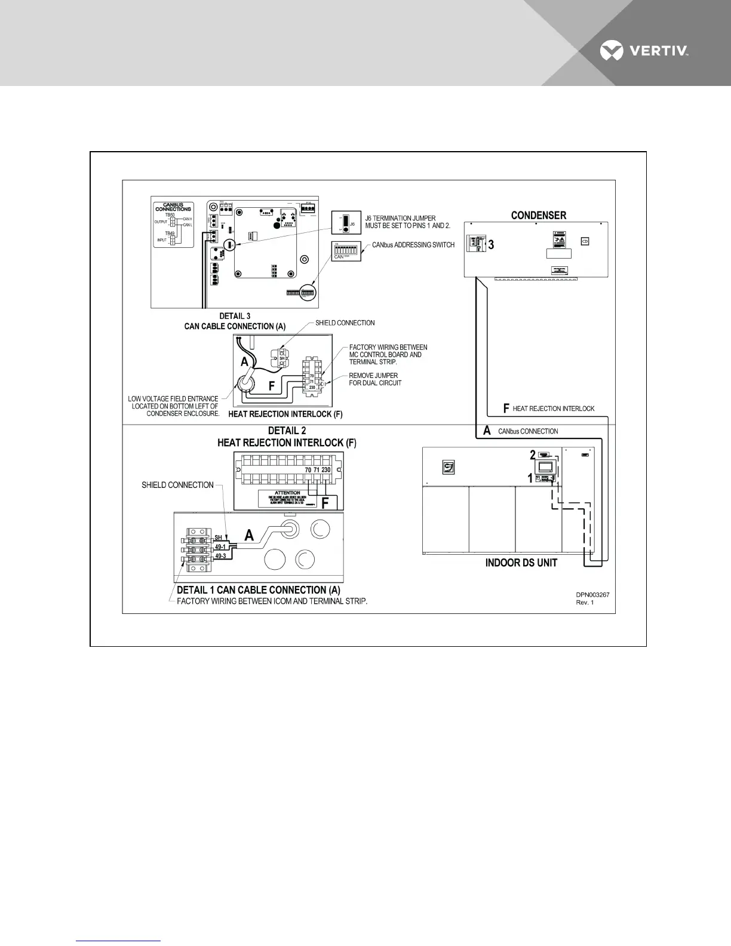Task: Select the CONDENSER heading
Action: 539,216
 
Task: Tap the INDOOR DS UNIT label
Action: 521,563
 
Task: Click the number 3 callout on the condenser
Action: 491,245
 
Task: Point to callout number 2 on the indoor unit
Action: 533,455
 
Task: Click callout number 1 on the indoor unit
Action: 530,478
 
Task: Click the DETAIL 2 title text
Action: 287,431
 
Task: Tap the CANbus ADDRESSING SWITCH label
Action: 413,245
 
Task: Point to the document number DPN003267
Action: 592,595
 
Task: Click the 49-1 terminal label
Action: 220,547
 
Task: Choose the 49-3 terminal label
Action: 220,556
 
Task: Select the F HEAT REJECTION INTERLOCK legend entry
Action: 549,408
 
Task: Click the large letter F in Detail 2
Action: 325,503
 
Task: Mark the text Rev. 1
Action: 585,603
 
